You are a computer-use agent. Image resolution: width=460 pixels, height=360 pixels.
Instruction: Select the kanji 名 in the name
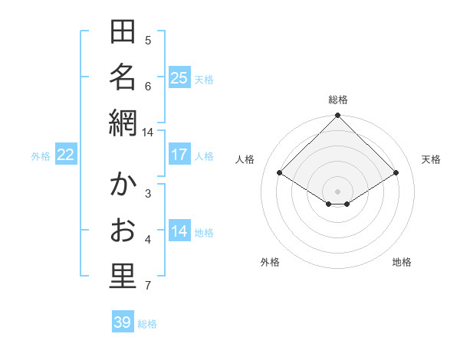pyautogui.click(x=123, y=77)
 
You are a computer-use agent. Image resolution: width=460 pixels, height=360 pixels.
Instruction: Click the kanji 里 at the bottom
pyautogui.click(x=123, y=276)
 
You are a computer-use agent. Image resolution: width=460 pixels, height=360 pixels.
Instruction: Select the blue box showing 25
pyautogui.click(x=179, y=77)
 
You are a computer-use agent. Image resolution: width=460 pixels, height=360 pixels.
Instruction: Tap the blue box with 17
pyautogui.click(x=179, y=155)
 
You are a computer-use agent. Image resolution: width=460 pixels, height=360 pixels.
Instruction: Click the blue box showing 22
pyautogui.click(x=66, y=155)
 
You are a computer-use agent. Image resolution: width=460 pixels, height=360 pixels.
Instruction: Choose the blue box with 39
pyautogui.click(x=122, y=322)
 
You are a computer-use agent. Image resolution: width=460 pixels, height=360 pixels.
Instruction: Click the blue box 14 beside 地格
pyautogui.click(x=179, y=232)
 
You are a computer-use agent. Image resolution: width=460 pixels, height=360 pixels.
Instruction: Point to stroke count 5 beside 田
pyautogui.click(x=148, y=41)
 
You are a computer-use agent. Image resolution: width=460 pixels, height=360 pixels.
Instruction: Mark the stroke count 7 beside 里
pyautogui.click(x=148, y=286)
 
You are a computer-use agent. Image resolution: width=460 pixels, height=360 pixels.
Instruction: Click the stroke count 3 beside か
pyautogui.click(x=148, y=193)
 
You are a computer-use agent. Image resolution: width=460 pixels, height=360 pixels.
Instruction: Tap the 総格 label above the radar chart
pyautogui.click(x=338, y=100)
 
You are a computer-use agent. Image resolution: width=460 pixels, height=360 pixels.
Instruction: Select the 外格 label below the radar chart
pyautogui.click(x=270, y=262)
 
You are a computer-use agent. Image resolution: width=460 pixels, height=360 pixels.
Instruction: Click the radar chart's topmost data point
pyautogui.click(x=338, y=116)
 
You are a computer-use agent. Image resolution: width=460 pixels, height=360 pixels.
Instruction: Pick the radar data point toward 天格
pyautogui.click(x=396, y=173)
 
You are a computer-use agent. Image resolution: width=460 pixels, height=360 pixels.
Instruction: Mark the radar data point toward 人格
pyautogui.click(x=280, y=173)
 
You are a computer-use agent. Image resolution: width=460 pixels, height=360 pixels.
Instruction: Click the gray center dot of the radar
pyautogui.click(x=338, y=190)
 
